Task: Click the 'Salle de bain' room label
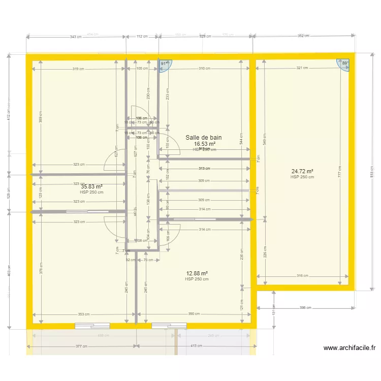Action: pos(203,138)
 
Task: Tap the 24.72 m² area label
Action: pos(302,172)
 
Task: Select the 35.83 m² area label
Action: pos(91,186)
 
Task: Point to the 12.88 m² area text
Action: pos(197,273)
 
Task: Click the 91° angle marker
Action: pos(164,64)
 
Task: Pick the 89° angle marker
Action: pos(344,64)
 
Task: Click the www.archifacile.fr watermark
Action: pos(349,348)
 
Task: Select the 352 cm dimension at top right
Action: pos(303,37)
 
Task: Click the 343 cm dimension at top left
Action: pos(76,37)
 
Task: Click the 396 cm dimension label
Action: pos(305,307)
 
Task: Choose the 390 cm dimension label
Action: pos(194,314)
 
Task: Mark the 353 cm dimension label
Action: pos(84,314)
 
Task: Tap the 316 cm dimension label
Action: pos(302,276)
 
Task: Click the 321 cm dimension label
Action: pos(302,68)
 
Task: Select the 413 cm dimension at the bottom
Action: pos(196,346)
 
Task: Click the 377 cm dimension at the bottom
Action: pos(81,346)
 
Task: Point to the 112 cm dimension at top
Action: pos(142,37)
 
